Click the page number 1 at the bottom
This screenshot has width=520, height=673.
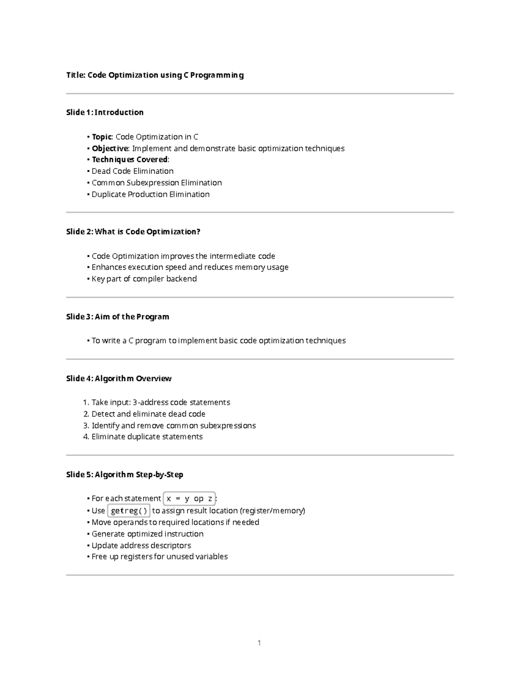click(259, 643)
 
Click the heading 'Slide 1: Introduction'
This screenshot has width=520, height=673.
click(104, 112)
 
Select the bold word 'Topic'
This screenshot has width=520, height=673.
click(102, 137)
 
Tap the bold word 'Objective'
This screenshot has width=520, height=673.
click(110, 149)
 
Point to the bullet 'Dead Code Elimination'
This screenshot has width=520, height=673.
click(132, 171)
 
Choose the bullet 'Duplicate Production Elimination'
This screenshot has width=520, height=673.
click(150, 194)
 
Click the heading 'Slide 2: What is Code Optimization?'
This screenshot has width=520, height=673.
click(133, 231)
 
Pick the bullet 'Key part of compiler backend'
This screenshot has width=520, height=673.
click(144, 279)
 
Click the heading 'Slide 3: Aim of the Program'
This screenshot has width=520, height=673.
click(117, 317)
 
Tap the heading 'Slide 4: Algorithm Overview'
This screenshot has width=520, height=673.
click(119, 378)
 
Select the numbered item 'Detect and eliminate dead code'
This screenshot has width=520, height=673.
click(148, 414)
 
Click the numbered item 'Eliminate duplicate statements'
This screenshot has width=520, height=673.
click(147, 436)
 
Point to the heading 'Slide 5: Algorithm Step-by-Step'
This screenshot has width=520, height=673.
click(124, 475)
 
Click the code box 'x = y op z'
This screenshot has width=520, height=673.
click(189, 499)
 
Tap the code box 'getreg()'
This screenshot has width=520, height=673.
click(129, 510)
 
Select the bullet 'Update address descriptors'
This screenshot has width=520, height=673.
click(141, 545)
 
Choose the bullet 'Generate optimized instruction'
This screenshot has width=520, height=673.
click(147, 534)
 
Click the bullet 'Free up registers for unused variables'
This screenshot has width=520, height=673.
click(159, 556)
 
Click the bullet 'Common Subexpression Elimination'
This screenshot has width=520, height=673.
click(156, 183)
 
